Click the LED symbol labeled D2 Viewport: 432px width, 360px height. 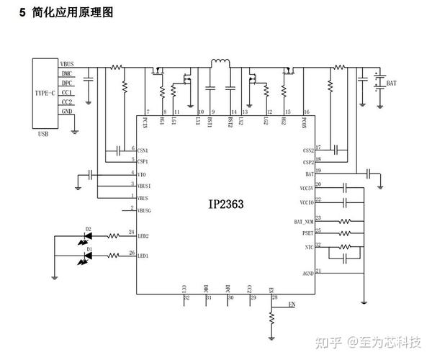click(x=89, y=235)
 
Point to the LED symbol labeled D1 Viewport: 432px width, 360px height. click(x=89, y=256)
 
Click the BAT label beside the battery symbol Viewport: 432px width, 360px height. click(x=392, y=84)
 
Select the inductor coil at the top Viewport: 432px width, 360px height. click(x=218, y=64)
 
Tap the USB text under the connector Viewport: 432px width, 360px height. click(x=43, y=135)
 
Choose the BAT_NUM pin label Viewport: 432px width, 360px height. click(x=303, y=222)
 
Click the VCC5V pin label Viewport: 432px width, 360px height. click(x=305, y=187)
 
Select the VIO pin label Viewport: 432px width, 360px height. click(x=142, y=174)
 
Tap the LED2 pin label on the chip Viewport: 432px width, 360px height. click(x=143, y=235)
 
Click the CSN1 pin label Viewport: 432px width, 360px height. click(x=143, y=150)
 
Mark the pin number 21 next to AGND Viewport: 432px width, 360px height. click(x=318, y=271)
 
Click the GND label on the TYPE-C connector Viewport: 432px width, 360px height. click(x=66, y=111)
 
